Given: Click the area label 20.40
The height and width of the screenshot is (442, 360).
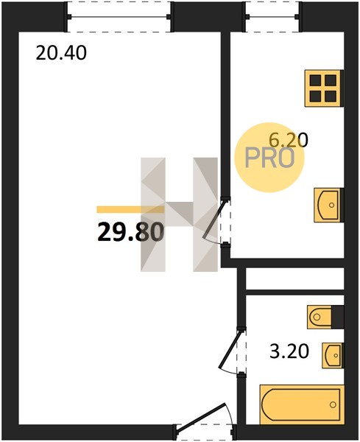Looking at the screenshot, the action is pyautogui.click(x=61, y=53).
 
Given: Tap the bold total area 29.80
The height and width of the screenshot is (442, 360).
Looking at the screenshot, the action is pyautogui.click(x=130, y=232).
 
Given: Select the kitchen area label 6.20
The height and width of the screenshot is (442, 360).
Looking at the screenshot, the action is pyautogui.click(x=288, y=140).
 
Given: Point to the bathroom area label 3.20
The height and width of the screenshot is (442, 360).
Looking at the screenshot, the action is pyautogui.click(x=289, y=351).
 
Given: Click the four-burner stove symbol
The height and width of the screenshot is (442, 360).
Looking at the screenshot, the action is pyautogui.click(x=324, y=88).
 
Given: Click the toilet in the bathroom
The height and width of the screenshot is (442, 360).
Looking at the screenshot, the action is pyautogui.click(x=320, y=317).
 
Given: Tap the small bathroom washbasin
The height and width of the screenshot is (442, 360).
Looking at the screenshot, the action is pyautogui.click(x=333, y=355).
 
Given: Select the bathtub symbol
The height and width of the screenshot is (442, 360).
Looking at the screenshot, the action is pyautogui.click(x=302, y=404).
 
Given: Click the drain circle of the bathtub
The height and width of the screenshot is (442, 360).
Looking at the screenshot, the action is pyautogui.click(x=333, y=404).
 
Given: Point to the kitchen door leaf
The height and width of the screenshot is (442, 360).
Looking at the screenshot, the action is pyautogui.click(x=213, y=220).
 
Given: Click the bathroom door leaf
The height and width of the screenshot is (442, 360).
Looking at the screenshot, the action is pyautogui.click(x=230, y=349).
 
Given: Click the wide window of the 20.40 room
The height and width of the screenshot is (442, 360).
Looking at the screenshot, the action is pyautogui.click(x=119, y=17).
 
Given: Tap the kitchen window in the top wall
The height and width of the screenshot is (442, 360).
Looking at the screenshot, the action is pyautogui.click(x=272, y=17).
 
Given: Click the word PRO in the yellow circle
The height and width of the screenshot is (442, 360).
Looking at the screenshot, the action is pyautogui.click(x=270, y=158).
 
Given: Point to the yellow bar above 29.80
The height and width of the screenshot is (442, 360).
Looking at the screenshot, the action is pyautogui.click(x=130, y=209).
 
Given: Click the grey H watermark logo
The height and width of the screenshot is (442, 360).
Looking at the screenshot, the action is pyautogui.click(x=179, y=214).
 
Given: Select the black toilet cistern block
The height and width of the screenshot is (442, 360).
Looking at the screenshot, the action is pyautogui.click(x=338, y=317).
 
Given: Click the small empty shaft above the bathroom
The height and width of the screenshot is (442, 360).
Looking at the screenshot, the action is pyautogui.click(x=295, y=278).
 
